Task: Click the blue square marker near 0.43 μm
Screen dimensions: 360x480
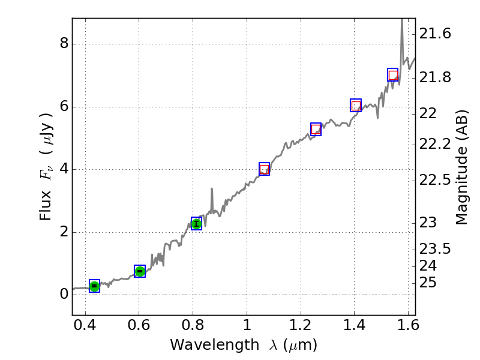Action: click(94, 286)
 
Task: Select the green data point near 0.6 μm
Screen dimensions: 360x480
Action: click(140, 271)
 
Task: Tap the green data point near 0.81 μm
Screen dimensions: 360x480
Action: click(196, 224)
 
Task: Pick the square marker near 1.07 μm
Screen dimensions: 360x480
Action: click(264, 169)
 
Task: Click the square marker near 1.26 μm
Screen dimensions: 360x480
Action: click(316, 129)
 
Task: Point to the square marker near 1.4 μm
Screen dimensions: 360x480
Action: click(356, 105)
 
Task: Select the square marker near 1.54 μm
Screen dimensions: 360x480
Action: click(393, 74)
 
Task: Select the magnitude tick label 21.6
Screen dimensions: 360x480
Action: click(436, 34)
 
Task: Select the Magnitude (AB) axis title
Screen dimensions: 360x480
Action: click(461, 167)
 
